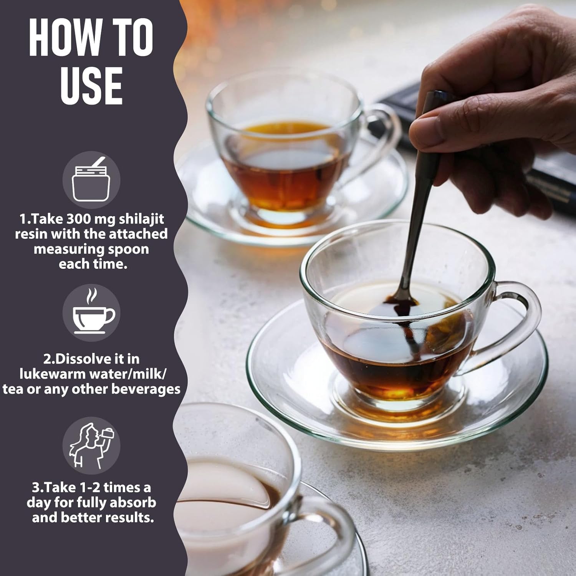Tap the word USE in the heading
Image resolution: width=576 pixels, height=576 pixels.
(91, 86)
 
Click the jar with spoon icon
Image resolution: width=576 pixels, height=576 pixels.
(91, 180)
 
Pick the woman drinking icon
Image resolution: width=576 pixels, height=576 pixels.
(92, 445)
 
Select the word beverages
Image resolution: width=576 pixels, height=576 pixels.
(146, 389)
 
